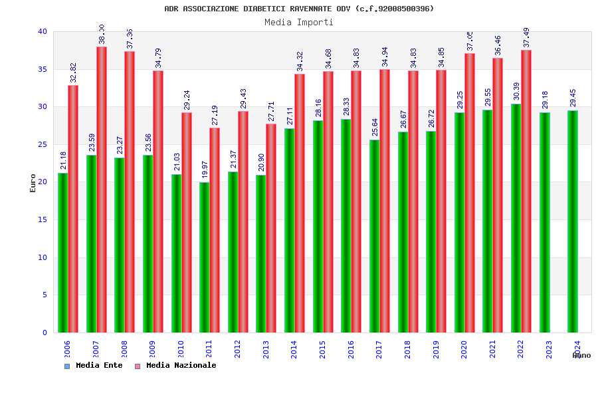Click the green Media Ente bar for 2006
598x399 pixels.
(x=62, y=253)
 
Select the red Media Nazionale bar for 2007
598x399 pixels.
(x=102, y=190)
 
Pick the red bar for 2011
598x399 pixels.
(x=215, y=230)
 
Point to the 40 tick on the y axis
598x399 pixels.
(x=43, y=31)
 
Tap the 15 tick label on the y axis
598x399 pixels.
(x=43, y=219)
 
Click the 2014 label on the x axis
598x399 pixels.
(x=294, y=349)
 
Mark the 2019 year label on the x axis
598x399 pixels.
(x=436, y=349)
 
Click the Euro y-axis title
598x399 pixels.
(x=33, y=183)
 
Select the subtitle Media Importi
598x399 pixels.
(x=299, y=22)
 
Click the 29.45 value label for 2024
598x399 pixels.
(x=573, y=98)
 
